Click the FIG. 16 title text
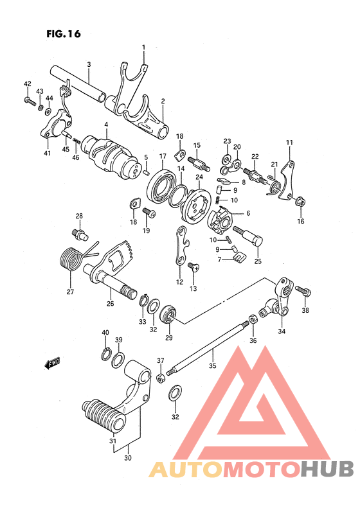[x=64, y=34]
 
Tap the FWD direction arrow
[x=53, y=364]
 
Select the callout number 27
[x=70, y=292]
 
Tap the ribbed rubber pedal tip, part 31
[x=104, y=415]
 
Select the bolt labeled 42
[x=30, y=100]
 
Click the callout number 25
[x=258, y=261]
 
